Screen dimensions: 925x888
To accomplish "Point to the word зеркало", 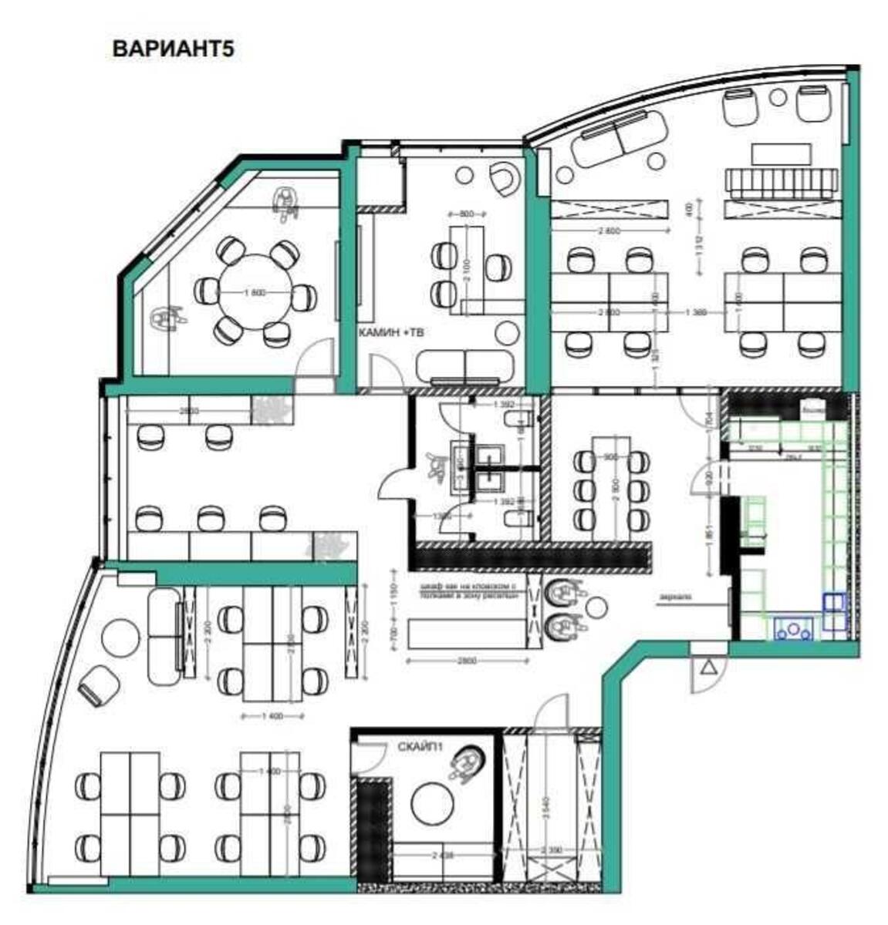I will (x=675, y=596).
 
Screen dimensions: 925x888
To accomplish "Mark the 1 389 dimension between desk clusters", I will (x=696, y=311).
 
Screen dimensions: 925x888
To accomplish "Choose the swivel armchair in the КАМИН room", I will (x=505, y=179).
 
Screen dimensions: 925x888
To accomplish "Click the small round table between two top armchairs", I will (x=778, y=97).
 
